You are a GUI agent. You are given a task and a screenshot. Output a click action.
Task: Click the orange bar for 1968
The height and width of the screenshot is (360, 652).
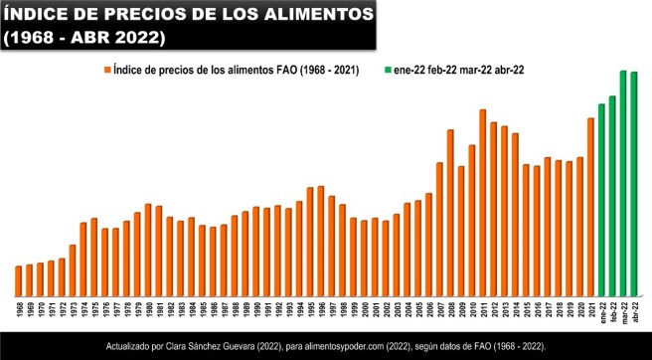click(x=18, y=280)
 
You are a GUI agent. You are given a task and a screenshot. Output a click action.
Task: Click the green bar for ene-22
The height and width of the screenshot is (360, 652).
click(x=601, y=199)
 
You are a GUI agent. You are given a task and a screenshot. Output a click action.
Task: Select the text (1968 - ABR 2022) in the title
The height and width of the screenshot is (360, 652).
click(x=83, y=38)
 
